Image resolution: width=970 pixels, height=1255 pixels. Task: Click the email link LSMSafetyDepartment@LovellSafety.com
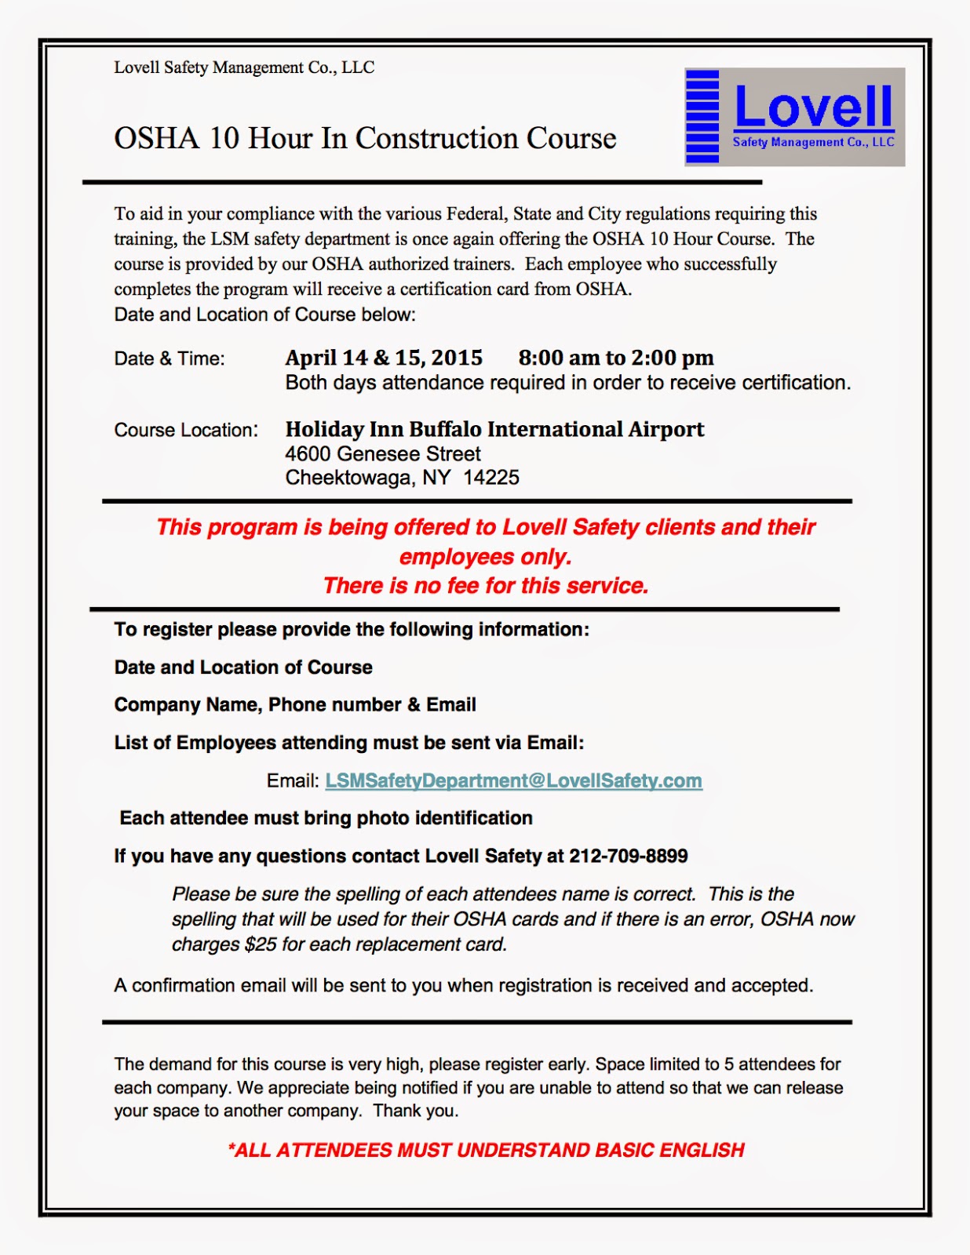click(x=513, y=781)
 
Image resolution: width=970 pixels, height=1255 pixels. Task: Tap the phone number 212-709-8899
click(x=628, y=857)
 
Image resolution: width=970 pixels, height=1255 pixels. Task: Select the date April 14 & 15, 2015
click(x=384, y=358)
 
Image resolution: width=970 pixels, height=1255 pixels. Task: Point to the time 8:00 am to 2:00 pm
click(x=615, y=358)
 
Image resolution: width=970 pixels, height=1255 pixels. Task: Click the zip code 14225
click(x=490, y=478)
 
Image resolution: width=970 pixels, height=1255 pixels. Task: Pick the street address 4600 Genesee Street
click(x=383, y=454)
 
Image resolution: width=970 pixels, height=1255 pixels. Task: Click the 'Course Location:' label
click(x=186, y=431)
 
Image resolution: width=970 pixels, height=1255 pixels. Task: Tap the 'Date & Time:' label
click(x=170, y=359)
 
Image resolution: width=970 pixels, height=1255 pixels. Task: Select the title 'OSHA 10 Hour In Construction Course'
click(x=365, y=139)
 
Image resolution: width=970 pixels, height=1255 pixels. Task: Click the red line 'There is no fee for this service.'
click(x=486, y=586)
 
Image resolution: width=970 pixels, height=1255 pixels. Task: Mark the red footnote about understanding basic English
click(x=486, y=1151)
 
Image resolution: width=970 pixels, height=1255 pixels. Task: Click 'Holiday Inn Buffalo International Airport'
click(x=494, y=430)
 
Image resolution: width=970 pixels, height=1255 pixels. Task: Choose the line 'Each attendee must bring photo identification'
click(x=326, y=819)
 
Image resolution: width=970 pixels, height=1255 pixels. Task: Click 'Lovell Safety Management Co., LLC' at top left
click(x=244, y=68)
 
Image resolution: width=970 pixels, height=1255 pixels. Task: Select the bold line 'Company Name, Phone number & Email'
click(x=295, y=705)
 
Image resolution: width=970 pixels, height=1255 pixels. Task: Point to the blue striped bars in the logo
click(x=702, y=116)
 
